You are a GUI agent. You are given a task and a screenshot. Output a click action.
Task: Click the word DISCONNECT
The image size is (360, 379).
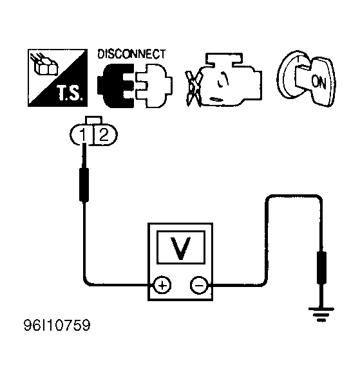pyautogui.click(x=131, y=54)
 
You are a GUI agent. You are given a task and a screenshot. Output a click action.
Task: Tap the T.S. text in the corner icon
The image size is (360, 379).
pyautogui.click(x=70, y=93)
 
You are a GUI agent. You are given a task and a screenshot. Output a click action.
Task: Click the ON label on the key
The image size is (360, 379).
pyautogui.click(x=319, y=82)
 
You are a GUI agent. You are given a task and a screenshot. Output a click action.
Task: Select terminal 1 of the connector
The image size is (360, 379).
pyautogui.click(x=82, y=134)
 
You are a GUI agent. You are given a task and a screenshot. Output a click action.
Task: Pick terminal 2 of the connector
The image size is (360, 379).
pyautogui.click(x=104, y=134)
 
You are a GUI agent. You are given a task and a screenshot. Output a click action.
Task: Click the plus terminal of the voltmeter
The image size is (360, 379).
pyautogui.click(x=162, y=286)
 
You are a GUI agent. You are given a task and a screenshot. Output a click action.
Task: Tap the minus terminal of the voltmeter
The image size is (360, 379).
pyautogui.click(x=199, y=286)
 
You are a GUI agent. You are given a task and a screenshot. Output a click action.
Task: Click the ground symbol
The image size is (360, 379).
pyautogui.click(x=321, y=314)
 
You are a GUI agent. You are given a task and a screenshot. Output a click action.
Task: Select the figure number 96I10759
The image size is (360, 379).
pyautogui.click(x=57, y=325)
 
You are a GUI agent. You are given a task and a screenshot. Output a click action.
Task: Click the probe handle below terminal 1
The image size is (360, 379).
pyautogui.click(x=84, y=185)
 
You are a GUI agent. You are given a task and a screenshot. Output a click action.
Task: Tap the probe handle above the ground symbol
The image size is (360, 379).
pyautogui.click(x=321, y=268)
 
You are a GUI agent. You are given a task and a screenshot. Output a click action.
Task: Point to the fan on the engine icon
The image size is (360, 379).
pyautogui.click(x=194, y=89)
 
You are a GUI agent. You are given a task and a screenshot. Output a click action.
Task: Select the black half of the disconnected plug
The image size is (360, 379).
pyautogui.click(x=116, y=86)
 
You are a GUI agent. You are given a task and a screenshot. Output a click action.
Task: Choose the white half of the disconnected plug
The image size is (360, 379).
pyautogui.click(x=153, y=86)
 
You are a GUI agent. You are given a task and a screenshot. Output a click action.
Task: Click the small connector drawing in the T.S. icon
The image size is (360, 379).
pyautogui.click(x=44, y=64)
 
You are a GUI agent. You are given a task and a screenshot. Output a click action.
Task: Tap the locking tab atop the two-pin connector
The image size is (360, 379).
pyautogui.click(x=93, y=120)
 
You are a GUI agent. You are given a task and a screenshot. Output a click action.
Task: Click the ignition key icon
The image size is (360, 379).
pyautogui.click(x=307, y=79)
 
